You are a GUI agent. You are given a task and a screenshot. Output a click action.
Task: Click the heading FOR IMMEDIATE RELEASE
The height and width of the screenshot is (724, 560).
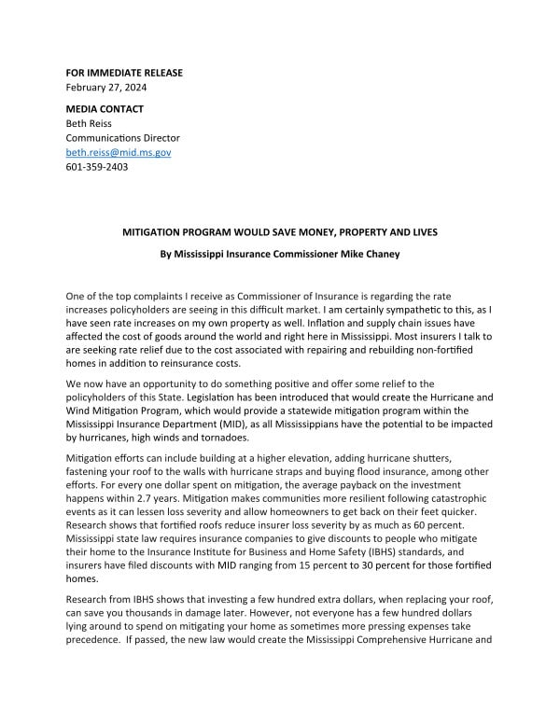coord(124,73)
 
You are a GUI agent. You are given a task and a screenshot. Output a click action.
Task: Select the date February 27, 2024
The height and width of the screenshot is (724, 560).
coord(105,88)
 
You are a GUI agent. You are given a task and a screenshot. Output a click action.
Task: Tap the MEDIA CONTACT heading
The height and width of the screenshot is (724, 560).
coord(105,109)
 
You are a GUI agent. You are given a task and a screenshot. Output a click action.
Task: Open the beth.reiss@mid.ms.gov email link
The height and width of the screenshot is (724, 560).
coord(118,152)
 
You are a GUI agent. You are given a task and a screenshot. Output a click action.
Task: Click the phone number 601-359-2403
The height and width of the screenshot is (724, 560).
coord(96,167)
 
